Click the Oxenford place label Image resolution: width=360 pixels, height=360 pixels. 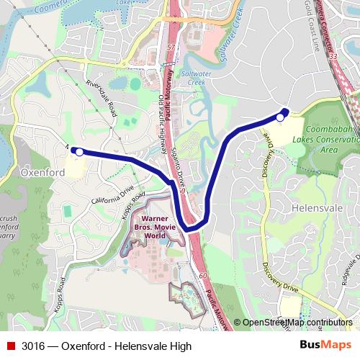tap(42, 173)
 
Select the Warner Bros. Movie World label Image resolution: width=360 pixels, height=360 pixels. tap(160, 227)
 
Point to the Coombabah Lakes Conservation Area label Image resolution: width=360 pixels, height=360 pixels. tap(328, 140)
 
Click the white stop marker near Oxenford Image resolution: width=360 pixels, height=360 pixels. tap(79, 152)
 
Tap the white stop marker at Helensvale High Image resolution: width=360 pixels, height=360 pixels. tap(280, 117)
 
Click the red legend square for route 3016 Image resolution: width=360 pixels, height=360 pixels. tap(10, 346)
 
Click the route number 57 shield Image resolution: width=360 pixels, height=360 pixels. tap(171, 47)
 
